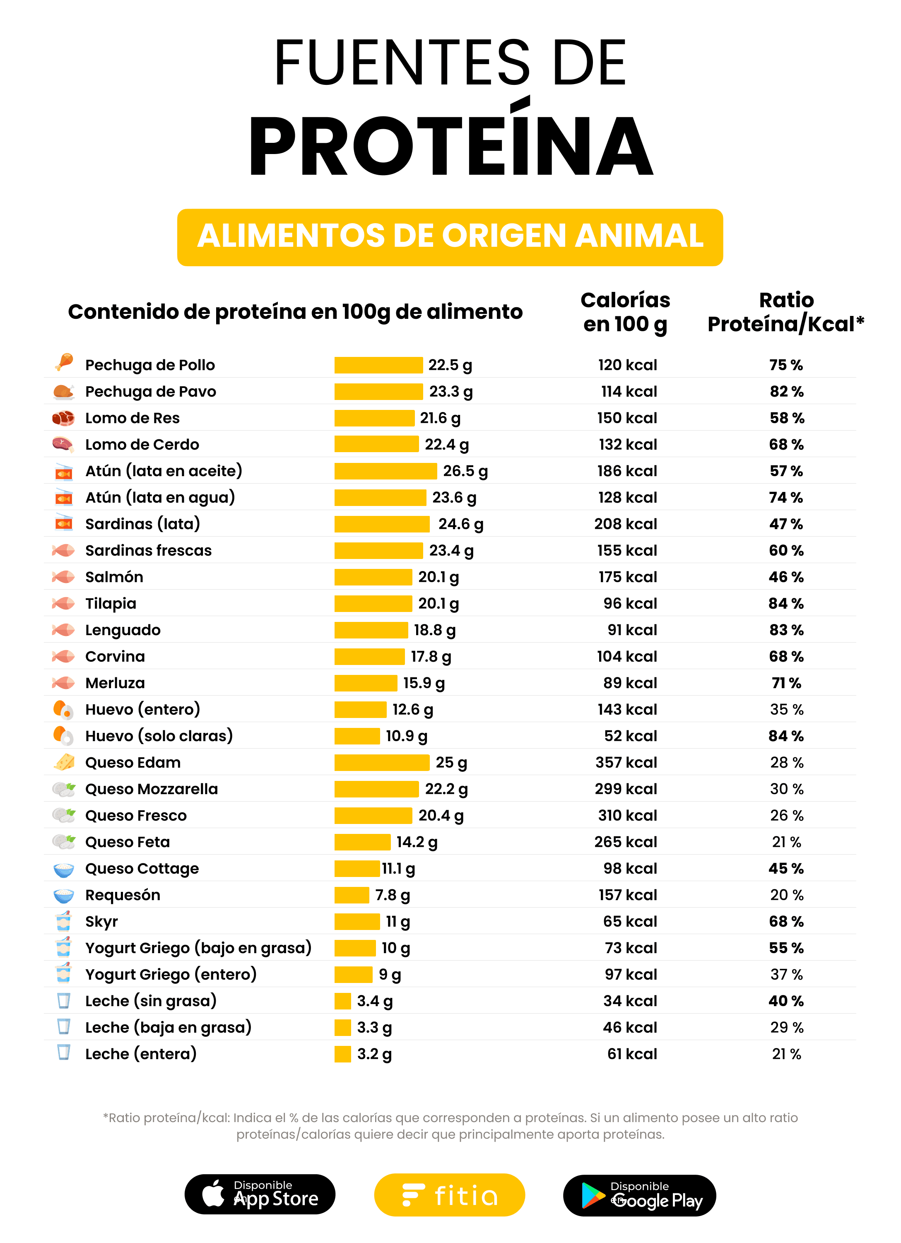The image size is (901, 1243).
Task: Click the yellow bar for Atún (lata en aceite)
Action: (x=385, y=471)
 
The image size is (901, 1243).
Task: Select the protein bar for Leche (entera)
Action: (x=342, y=1053)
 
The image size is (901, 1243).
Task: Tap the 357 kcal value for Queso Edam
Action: (x=626, y=762)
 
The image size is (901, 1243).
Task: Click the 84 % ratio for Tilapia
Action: (x=785, y=603)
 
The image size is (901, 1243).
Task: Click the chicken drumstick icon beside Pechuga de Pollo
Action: (x=64, y=362)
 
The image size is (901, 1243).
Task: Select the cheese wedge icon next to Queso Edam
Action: (x=64, y=762)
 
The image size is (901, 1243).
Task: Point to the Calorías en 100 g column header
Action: (x=625, y=312)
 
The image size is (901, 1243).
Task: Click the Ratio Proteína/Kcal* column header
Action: (x=785, y=312)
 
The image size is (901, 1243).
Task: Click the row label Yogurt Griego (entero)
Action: (x=171, y=974)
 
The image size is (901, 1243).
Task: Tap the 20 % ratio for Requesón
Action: (x=786, y=894)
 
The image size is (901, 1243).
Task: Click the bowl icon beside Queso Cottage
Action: (x=64, y=869)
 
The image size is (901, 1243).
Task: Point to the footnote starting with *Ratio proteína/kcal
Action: (x=450, y=1126)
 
